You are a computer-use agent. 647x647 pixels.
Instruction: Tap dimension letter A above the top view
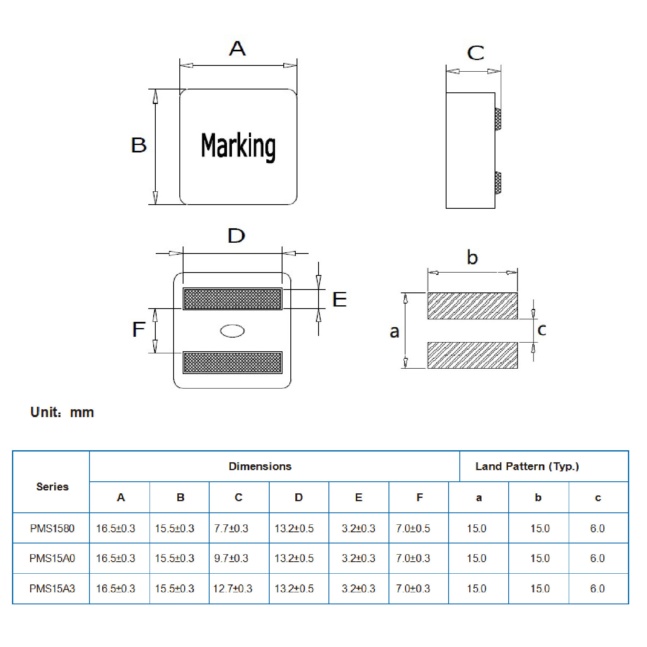click(237, 48)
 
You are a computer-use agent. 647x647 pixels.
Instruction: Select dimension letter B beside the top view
click(139, 145)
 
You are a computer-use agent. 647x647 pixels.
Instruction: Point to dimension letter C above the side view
click(476, 53)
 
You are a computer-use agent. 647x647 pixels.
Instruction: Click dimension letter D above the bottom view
click(237, 236)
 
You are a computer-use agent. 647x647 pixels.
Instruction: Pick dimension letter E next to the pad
click(340, 299)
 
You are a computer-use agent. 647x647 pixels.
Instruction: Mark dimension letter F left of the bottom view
click(139, 330)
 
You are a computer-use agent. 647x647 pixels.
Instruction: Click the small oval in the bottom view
click(232, 331)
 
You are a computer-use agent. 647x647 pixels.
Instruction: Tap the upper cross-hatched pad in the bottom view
click(232, 299)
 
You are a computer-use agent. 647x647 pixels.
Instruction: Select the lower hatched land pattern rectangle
click(473, 355)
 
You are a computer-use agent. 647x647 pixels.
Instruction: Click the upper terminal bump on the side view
click(498, 119)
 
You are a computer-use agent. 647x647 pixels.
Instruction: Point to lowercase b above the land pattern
click(472, 257)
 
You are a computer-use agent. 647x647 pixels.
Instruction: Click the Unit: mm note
click(62, 412)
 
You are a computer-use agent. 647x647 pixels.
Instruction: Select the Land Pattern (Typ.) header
click(527, 466)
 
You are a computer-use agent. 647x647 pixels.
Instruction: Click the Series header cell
click(52, 487)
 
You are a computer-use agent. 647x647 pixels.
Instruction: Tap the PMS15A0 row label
click(52, 558)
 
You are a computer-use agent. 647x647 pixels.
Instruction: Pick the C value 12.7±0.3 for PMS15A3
click(232, 589)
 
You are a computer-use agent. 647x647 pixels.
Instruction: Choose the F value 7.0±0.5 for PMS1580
click(413, 529)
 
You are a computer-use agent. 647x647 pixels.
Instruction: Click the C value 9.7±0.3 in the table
click(231, 558)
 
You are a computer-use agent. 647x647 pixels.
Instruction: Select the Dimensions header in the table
click(260, 466)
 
